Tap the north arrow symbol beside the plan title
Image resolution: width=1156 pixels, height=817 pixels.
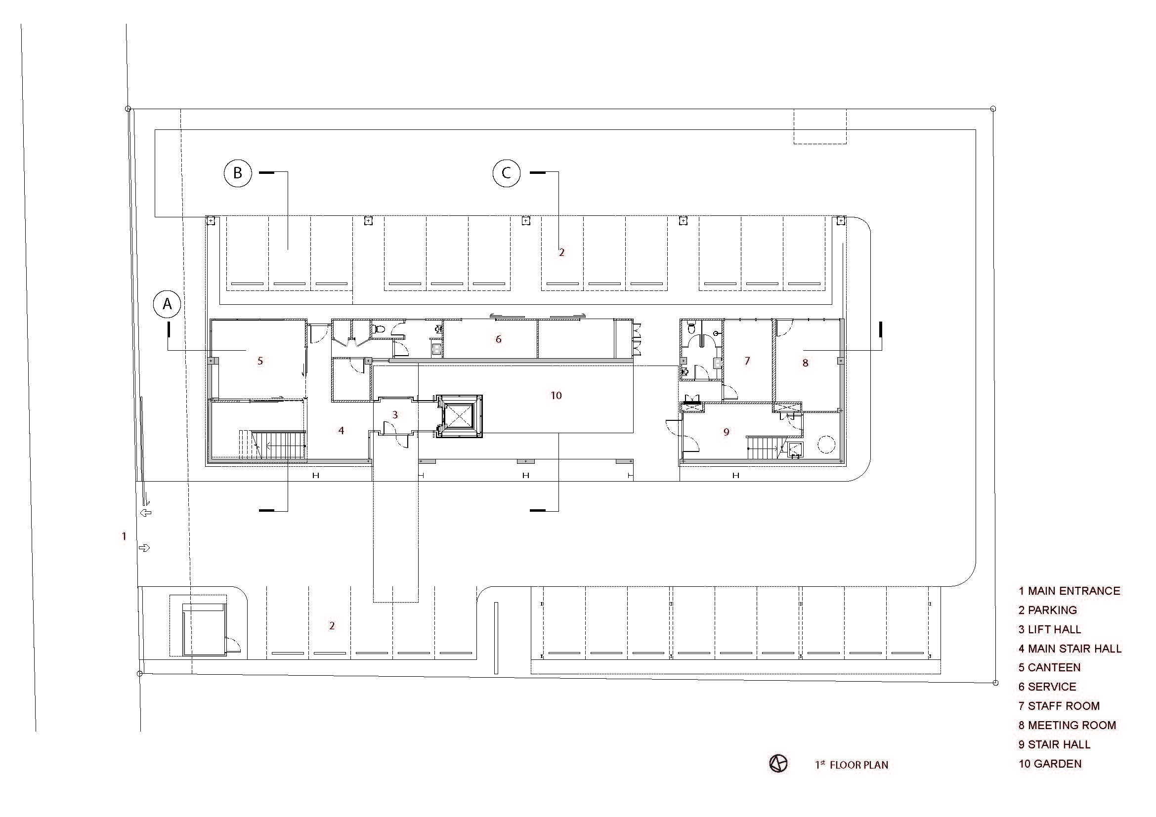coord(778,764)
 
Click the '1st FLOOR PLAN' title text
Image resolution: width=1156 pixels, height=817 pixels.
coord(852,765)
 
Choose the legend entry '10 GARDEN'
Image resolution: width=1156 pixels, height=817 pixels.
coord(1050,764)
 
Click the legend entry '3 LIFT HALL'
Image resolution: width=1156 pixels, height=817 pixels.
coord(1050,629)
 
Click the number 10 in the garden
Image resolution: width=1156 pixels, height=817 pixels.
coord(556,396)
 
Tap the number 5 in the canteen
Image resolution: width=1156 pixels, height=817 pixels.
coord(260,361)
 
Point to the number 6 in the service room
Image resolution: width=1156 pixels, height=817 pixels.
coord(499,339)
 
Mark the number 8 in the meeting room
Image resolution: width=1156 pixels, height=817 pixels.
coord(805,363)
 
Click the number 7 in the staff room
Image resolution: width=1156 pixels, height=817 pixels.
coord(747,361)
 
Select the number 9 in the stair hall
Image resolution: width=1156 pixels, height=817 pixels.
coord(726,432)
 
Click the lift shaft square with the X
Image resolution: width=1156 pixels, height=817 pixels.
coord(459,416)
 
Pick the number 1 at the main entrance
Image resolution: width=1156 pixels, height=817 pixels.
coord(124,536)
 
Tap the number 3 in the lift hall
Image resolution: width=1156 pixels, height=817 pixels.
coord(395,414)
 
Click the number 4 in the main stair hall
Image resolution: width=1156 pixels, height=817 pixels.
coord(342,430)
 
